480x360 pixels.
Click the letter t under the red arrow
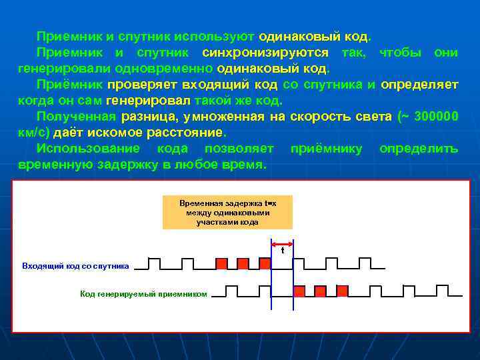282,251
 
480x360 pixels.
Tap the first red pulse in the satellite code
221,263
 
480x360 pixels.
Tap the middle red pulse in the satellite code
243,263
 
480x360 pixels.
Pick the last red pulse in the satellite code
265,263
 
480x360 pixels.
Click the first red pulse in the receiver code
299,290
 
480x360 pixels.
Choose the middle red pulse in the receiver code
321,290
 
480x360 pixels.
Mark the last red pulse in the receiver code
342,290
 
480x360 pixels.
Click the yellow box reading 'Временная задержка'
227,212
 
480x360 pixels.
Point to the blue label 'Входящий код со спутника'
75,266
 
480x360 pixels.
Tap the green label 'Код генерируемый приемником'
143,293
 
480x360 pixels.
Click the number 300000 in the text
436,117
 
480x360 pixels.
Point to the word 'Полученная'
76,117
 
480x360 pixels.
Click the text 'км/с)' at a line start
33,133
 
